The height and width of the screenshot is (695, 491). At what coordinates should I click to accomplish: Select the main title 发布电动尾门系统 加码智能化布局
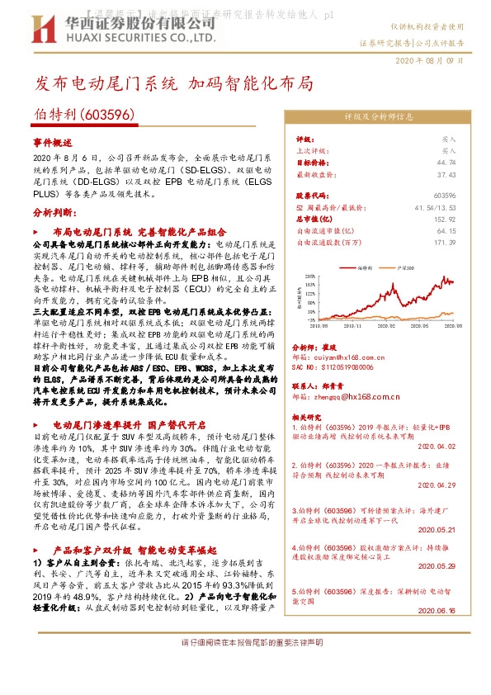point(174,83)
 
